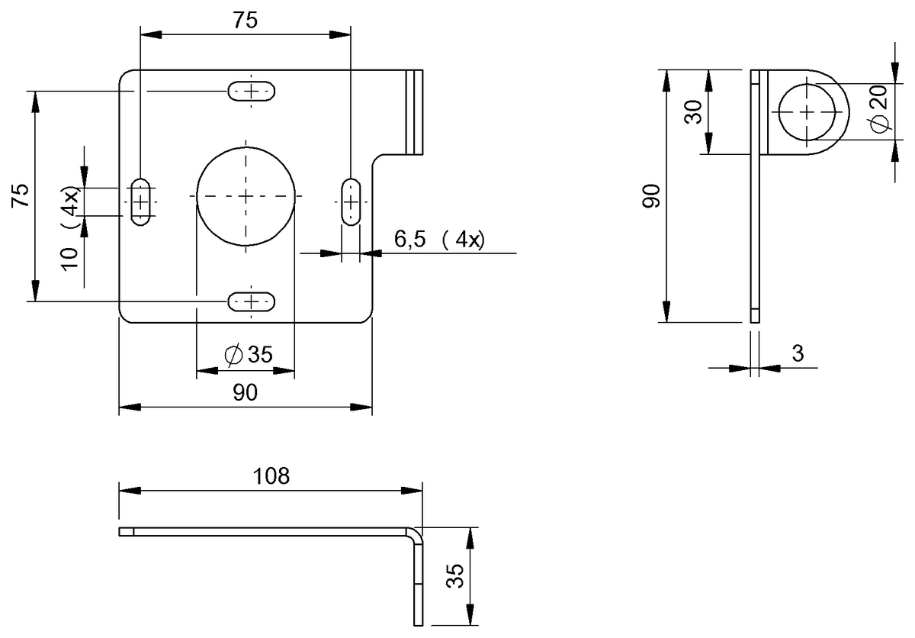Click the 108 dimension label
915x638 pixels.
pos(271,476)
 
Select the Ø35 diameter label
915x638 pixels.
pos(249,354)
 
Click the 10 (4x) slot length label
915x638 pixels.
pos(70,230)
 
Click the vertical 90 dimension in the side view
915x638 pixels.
pos(650,195)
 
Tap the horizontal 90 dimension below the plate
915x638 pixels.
pos(245,392)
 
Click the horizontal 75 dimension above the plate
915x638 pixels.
pos(245,21)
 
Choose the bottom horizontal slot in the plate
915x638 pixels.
pos(252,302)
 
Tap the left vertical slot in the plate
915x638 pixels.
pos(141,201)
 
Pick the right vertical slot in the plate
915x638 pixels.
pos(351,201)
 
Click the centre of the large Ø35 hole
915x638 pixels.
pos(246,196)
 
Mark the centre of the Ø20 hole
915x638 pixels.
pos(806,111)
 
